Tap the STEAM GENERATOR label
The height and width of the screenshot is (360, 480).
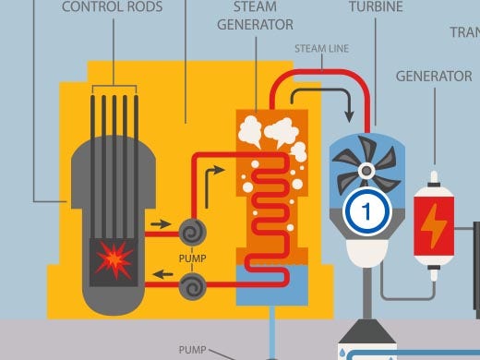tap(255, 17)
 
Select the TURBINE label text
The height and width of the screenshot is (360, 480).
tap(375, 8)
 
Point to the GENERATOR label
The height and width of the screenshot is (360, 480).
tap(434, 76)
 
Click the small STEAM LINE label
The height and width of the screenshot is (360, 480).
tap(322, 46)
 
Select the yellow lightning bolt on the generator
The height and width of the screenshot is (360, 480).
tap(432, 224)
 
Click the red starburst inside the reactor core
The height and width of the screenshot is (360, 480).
tap(111, 260)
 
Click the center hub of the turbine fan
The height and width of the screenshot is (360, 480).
tap(366, 169)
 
